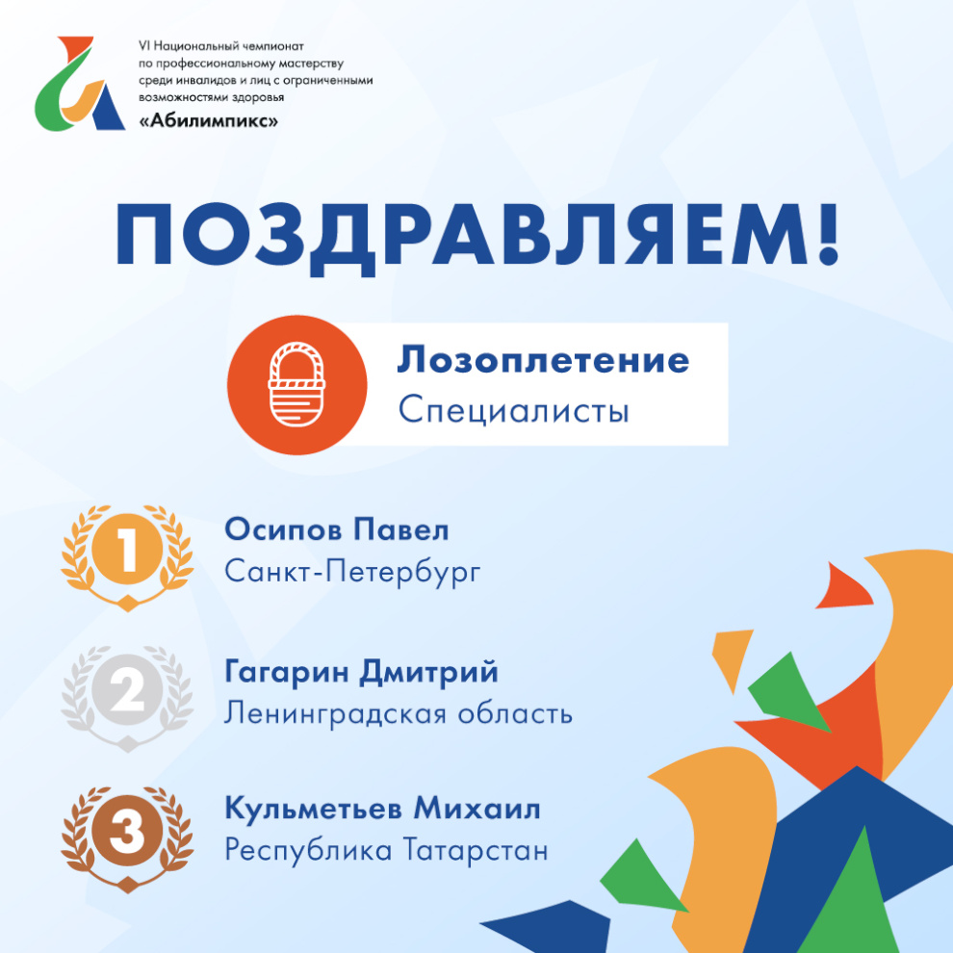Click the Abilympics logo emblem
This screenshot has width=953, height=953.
click(80, 84)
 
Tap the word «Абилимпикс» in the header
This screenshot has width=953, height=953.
click(209, 120)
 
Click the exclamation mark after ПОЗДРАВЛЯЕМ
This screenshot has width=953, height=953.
click(828, 234)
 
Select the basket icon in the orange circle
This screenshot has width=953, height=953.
click(296, 384)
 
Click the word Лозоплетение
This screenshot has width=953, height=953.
click(543, 360)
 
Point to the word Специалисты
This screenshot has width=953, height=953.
click(514, 410)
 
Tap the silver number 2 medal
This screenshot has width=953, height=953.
click(128, 698)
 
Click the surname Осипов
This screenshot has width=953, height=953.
click(284, 530)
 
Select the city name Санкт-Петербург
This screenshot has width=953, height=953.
click(352, 572)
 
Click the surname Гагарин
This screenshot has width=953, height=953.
click(287, 672)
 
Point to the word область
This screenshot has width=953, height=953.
click(515, 713)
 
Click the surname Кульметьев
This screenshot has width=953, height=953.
click(314, 809)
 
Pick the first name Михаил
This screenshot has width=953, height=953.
click(477, 809)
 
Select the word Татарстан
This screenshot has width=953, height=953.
click(476, 850)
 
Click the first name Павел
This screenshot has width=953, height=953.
click(401, 530)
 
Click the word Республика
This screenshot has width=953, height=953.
click(308, 851)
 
